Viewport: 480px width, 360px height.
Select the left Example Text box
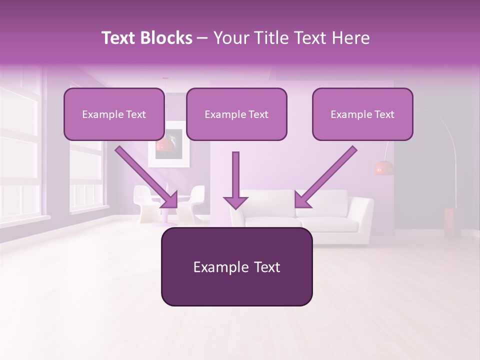114,114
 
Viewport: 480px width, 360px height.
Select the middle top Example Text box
236,114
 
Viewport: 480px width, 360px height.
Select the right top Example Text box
362,114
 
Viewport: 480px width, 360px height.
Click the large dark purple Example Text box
236,266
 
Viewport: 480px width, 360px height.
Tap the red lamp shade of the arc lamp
383,168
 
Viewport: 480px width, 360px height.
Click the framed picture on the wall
169,144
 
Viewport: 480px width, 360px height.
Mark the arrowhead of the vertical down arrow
235,201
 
